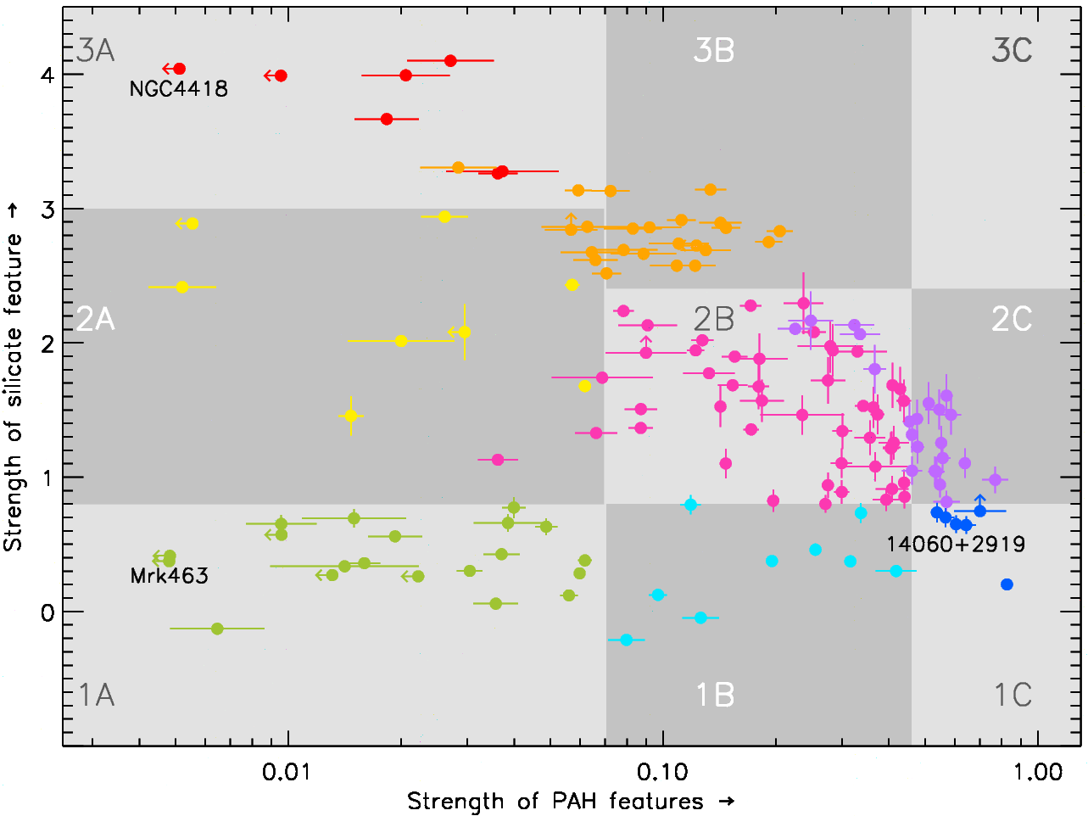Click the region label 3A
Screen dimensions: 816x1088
pos(96,51)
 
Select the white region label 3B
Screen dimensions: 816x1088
pos(714,51)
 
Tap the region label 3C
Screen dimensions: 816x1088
pos(1012,51)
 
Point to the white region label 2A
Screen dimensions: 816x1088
pos(96,320)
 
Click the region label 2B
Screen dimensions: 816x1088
pos(714,320)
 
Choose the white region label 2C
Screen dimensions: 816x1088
pos(1012,320)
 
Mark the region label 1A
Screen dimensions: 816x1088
pos(96,696)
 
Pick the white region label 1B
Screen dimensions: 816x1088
pos(714,696)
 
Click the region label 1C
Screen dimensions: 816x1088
pos(1013,696)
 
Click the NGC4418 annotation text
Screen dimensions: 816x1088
pos(179,89)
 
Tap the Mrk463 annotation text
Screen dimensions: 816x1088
pos(170,576)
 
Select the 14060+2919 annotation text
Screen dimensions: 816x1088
pos(956,545)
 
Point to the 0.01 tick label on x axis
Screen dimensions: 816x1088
pos(288,772)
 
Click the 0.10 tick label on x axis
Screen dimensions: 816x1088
pos(662,772)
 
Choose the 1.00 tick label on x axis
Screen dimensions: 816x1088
pos(1038,772)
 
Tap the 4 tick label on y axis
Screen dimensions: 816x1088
pos(47,75)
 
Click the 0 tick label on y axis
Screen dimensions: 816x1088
pos(47,612)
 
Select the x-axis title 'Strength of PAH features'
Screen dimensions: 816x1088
pos(571,802)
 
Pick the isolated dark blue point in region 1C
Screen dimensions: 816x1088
pos(1007,584)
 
